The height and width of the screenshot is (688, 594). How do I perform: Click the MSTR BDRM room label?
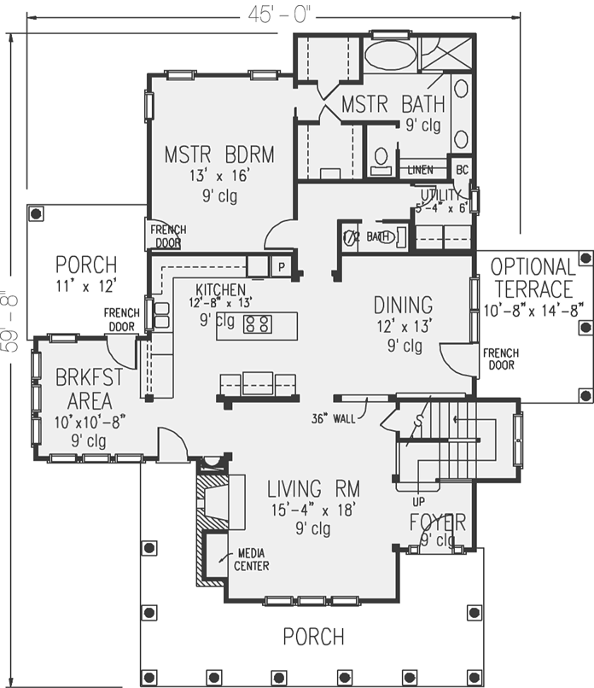click(219, 155)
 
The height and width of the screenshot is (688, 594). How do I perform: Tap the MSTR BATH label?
click(393, 105)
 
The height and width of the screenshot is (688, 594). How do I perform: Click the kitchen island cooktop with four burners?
click(259, 324)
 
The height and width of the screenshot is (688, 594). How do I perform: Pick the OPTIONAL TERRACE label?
click(533, 277)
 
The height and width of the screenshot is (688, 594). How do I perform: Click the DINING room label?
click(403, 305)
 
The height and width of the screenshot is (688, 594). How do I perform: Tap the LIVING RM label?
click(313, 489)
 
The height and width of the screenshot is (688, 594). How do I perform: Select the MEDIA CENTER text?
click(253, 560)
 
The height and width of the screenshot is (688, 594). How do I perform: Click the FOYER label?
click(437, 522)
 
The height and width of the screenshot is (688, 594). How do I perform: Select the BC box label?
click(461, 169)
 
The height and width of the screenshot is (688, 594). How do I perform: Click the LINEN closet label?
click(419, 169)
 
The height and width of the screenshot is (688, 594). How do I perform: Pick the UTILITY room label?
click(440, 196)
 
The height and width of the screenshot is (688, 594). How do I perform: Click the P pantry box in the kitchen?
click(280, 265)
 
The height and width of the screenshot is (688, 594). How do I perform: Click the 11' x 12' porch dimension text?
click(85, 285)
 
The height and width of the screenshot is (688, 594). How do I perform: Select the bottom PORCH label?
click(313, 637)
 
